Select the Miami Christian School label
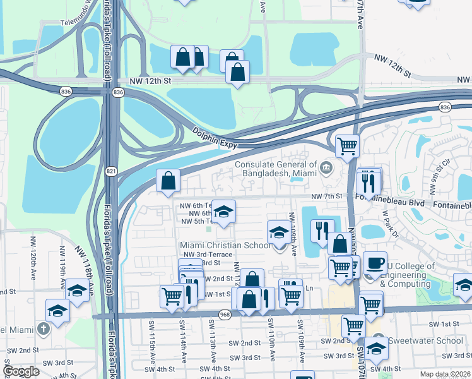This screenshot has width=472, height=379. coord(225,245)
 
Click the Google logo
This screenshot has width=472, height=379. coord(21,371)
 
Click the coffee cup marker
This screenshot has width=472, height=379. coord(375,262)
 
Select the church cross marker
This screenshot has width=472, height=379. coord(43,328)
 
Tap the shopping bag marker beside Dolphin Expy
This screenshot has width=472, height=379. coord(168,181)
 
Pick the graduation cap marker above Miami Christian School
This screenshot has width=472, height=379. coord(222,212)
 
